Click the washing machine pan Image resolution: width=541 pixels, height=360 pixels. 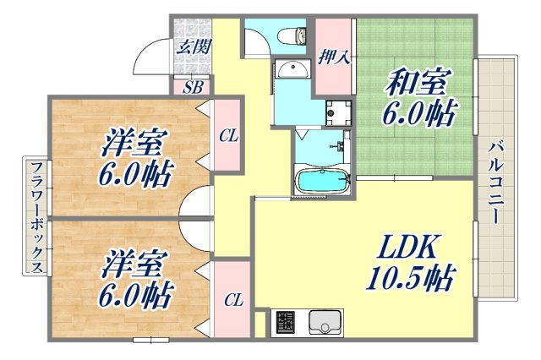tap(338, 112)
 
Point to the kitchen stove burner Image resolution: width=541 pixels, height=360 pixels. tap(285, 322)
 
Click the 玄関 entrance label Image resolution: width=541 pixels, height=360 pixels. tap(193, 47)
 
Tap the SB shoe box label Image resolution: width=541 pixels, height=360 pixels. tap(193, 85)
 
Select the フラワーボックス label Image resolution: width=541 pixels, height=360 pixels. tap(36, 217)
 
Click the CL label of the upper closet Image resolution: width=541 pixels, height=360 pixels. tap(227, 135)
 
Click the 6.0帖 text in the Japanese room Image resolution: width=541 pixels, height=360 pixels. tap(419, 113)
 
